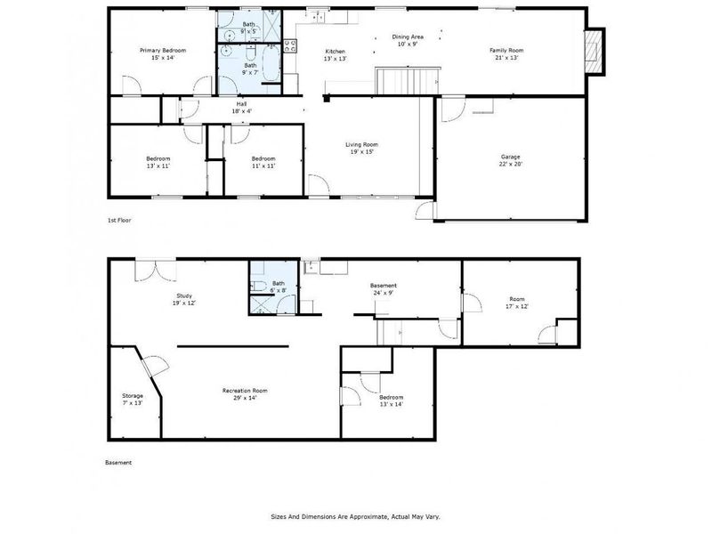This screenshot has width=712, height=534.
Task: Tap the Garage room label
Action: (510, 161)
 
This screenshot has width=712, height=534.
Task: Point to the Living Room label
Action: (362, 148)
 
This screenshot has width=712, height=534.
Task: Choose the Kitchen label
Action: (335, 55)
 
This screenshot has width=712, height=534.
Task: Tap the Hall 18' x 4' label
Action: (242, 108)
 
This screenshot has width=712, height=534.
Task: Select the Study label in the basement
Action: (184, 299)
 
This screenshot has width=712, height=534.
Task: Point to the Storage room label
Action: (132, 400)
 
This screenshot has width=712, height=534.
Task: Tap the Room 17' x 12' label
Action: (518, 303)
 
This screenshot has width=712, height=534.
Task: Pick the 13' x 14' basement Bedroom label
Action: (392, 400)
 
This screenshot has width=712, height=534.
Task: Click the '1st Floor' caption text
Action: (119, 219)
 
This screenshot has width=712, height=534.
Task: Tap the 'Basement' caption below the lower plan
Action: (118, 463)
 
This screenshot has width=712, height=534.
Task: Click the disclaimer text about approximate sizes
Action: (355, 516)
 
